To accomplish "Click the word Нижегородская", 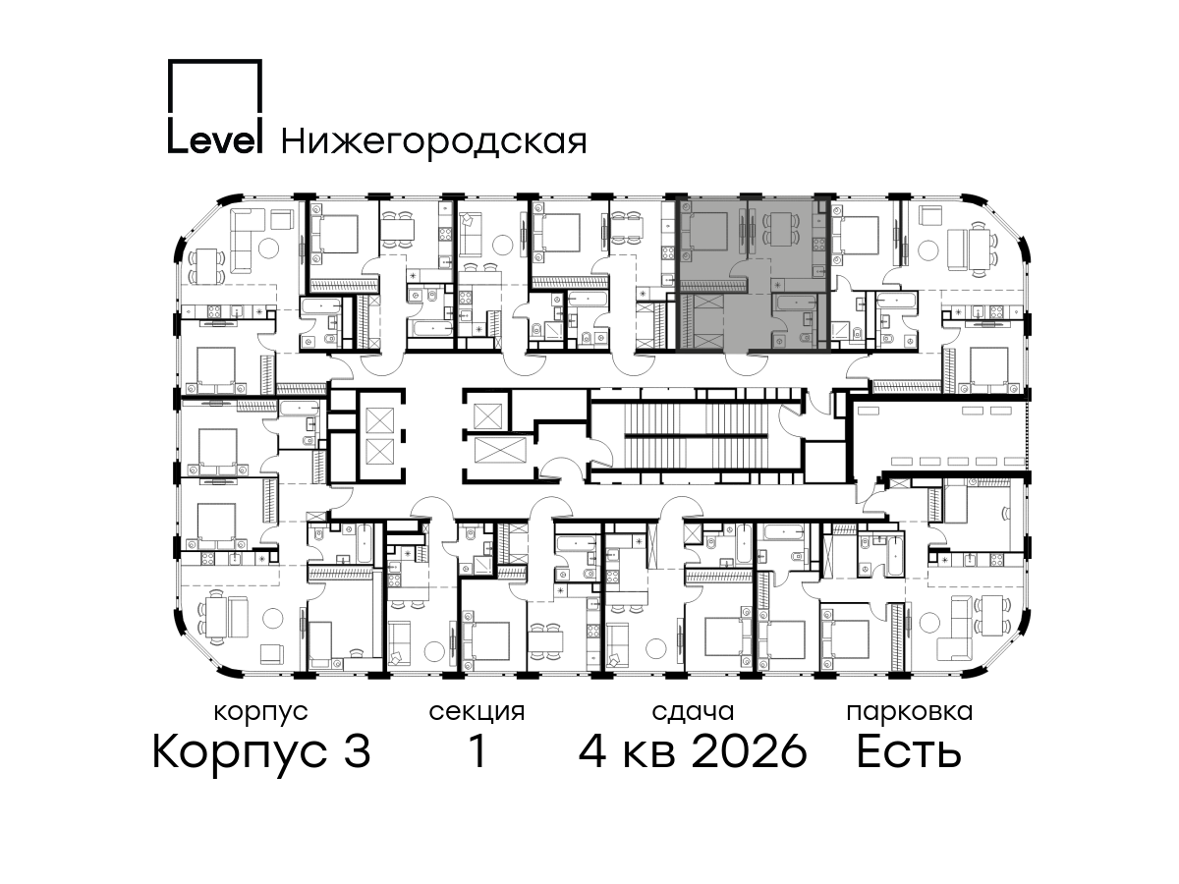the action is click(434, 142).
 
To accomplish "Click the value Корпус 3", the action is click(261, 752).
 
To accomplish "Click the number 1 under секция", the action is click(477, 751).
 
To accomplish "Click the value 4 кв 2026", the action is click(693, 751).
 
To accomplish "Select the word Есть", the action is click(909, 751).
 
